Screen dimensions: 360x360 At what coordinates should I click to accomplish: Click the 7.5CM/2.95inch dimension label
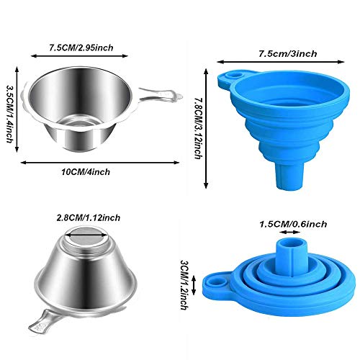81,48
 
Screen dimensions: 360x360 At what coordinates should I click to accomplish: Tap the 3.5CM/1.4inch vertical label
9,114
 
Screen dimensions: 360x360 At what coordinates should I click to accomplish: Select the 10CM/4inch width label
86,172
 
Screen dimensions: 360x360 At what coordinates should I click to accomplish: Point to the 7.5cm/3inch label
288,53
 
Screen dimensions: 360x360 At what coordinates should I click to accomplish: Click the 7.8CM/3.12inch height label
198,128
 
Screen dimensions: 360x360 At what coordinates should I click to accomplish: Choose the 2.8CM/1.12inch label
89,217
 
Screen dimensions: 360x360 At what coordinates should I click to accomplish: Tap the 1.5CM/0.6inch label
293,224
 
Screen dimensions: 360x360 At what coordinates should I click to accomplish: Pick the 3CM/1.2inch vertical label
184,285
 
